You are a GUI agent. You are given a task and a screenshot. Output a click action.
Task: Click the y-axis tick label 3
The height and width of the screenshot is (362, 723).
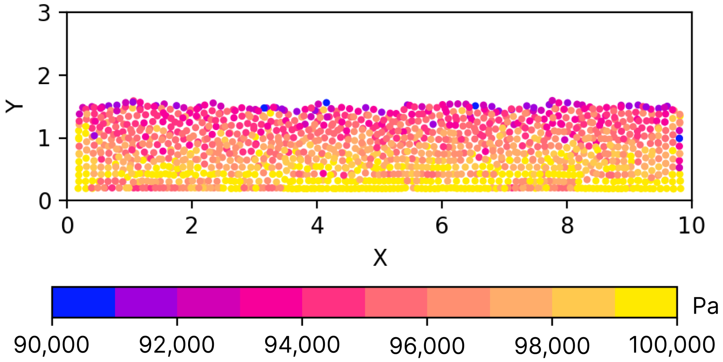pos(44,13)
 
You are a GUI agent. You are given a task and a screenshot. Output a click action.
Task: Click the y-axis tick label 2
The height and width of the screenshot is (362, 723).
pos(44,76)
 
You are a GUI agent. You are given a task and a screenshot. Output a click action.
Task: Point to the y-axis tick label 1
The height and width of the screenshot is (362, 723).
pos(44,139)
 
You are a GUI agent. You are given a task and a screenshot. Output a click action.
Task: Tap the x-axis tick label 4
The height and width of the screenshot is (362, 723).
pos(317,226)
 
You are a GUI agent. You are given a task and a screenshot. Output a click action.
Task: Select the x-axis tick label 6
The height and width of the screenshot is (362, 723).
pos(442,226)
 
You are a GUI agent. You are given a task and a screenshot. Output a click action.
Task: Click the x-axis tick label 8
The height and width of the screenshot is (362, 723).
pos(567,226)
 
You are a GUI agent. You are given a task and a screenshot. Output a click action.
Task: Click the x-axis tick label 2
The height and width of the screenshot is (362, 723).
pos(192,226)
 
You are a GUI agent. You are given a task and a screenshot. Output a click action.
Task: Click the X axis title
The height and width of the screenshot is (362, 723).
pos(380,258)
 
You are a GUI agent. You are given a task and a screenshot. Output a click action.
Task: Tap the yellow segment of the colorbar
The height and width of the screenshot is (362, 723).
pos(646,302)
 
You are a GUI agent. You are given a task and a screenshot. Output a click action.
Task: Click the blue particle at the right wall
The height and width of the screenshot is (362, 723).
pos(679,138)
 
